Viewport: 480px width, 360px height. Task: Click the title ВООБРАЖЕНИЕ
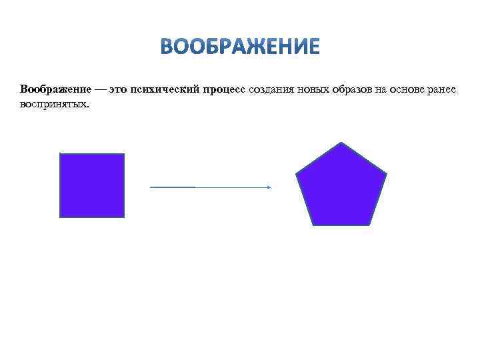(240, 47)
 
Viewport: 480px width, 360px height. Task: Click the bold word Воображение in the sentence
(51, 89)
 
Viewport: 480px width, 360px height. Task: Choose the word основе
(411, 89)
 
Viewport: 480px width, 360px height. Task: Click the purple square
(92, 185)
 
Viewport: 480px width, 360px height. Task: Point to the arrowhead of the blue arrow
(269, 187)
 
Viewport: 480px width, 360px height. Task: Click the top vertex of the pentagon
(341, 143)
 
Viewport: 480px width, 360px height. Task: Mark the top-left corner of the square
(60, 153)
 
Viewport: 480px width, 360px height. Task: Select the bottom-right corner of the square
(124, 217)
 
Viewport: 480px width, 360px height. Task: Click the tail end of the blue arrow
(151, 187)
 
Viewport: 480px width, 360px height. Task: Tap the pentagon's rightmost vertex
(387, 175)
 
